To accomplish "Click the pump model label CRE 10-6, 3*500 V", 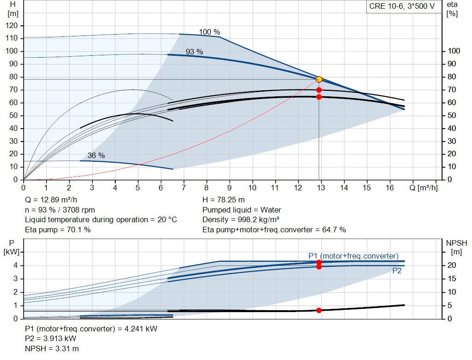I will (x=402, y=6).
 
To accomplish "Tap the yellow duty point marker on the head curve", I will (x=319, y=79).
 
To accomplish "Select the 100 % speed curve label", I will (x=209, y=32).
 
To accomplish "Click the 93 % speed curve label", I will (x=194, y=52).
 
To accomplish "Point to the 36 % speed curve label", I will (x=96, y=156).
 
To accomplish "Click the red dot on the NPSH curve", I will (x=319, y=310).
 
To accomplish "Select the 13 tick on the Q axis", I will (x=321, y=188).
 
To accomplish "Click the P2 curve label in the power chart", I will (x=397, y=271).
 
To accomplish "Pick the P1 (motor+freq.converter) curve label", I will (x=354, y=256).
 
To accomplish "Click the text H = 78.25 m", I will (x=223, y=200).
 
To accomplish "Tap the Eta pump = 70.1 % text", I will (x=58, y=230).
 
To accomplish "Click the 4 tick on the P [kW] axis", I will (x=16, y=266).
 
